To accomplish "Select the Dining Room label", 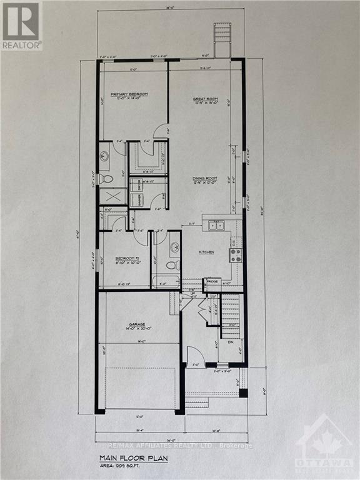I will click(x=204, y=179).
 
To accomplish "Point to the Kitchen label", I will click(x=206, y=252).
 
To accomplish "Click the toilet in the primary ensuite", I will click(x=106, y=179).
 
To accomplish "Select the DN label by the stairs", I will click(x=231, y=342).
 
